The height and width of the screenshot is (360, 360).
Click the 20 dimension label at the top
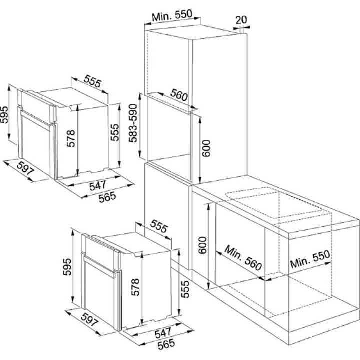[x=241, y=20]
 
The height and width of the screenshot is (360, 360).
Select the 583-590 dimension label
[x=133, y=123]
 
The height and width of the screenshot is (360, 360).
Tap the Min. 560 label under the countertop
[x=243, y=258]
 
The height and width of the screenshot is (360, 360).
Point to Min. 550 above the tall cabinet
[x=172, y=15]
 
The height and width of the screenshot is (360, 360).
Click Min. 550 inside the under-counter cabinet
[x=310, y=259]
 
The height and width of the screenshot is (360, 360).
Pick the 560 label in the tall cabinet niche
[x=179, y=95]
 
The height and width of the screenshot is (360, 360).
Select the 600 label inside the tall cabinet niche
[x=207, y=148]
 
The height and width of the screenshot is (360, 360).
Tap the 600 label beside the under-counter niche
[x=202, y=245]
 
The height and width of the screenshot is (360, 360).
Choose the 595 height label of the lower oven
[x=67, y=267]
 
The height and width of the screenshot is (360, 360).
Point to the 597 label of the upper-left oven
[x=26, y=168]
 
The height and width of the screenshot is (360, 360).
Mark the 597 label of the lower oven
[x=90, y=320]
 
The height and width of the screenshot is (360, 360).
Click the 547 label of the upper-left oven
[x=98, y=185]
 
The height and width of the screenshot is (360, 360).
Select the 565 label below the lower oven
[x=166, y=344]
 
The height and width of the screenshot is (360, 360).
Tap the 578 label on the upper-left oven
[x=71, y=138]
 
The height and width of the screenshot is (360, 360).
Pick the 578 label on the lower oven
[x=135, y=287]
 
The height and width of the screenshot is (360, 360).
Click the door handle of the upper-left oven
[x=35, y=119]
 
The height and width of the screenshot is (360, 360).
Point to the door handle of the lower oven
[x=99, y=267]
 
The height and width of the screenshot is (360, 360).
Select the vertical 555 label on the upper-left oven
[x=115, y=132]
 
